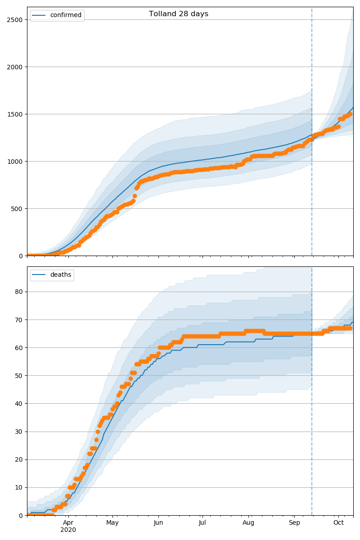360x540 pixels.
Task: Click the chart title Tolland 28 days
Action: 179,14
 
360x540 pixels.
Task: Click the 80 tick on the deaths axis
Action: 19,292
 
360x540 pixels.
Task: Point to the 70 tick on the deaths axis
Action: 19,320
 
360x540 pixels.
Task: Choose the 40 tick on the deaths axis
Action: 19,404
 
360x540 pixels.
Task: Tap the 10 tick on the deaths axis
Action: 19,488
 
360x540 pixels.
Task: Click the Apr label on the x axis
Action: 68,522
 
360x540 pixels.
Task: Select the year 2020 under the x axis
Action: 68,530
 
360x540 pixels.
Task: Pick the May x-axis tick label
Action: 112,522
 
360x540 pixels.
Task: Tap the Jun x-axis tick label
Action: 158,522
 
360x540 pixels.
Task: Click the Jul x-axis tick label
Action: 202,522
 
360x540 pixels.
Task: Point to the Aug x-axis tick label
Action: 248,522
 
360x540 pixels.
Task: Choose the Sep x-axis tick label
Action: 294,522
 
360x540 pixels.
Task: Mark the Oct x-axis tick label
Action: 338,522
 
